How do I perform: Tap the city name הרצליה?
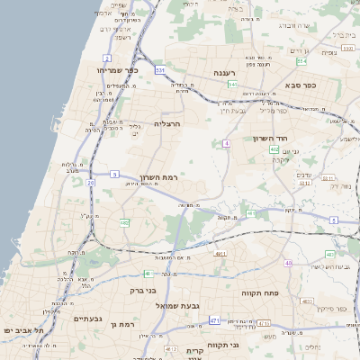point(168,123)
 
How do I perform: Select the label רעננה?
point(224,73)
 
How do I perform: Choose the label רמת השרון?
point(160,178)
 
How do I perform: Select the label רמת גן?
point(120,323)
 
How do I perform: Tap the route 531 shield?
point(160,69)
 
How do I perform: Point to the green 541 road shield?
point(232,85)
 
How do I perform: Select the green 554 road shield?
point(301,62)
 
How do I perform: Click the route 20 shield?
point(90,183)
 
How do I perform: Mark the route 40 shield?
point(288,263)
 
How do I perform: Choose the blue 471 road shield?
point(214,319)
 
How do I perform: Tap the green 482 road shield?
point(124,222)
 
